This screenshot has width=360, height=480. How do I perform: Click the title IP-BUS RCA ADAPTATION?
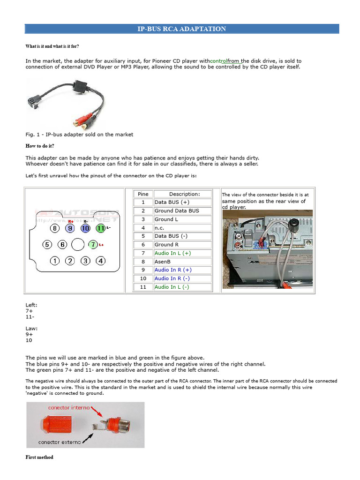pos(181,29)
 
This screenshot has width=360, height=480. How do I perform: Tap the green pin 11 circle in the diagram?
pos(100,229)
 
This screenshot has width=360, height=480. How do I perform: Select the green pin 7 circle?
pos(93,245)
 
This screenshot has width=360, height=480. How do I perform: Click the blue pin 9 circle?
pos(70,229)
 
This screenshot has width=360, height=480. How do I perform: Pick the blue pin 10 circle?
pos(85,229)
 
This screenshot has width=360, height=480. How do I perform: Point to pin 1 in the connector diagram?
pos(55,261)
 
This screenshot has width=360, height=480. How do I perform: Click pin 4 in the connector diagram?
pos(101,261)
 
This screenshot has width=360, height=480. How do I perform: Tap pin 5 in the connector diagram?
pos(47,245)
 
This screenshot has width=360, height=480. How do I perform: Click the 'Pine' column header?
pos(143,194)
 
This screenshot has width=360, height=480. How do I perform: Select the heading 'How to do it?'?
pos(40,146)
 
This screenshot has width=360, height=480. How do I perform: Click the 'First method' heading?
pos(39,457)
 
